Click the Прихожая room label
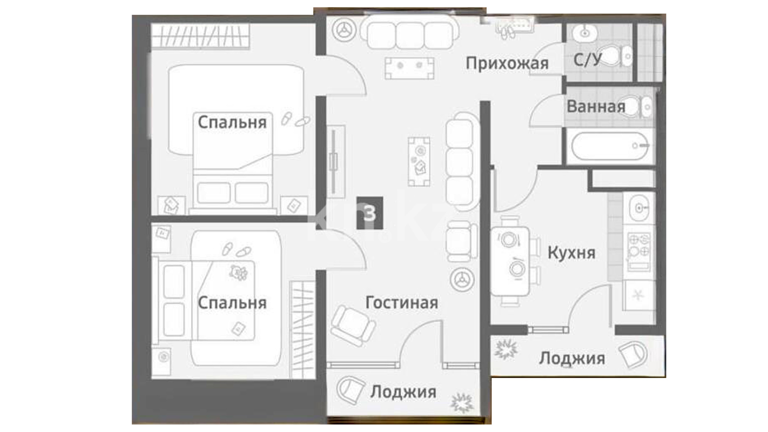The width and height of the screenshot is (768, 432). (x=507, y=64)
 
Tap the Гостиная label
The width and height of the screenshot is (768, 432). (x=402, y=303)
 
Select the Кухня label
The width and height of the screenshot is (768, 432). (x=571, y=253)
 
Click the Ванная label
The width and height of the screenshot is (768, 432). (x=596, y=107)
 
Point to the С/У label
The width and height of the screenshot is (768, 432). (x=588, y=60)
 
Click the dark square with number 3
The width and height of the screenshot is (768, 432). (x=370, y=213)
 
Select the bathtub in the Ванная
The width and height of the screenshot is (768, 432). (x=610, y=146)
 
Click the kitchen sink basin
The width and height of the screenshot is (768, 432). (x=639, y=208)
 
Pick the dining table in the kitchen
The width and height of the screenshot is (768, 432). (x=510, y=261)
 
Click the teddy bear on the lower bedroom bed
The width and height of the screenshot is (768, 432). (x=238, y=273)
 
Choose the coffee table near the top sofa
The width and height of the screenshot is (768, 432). (x=409, y=68)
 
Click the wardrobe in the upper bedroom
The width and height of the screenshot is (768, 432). (x=200, y=36)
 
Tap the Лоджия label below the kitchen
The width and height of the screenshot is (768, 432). (x=572, y=359)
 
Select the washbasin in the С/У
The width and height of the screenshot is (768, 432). (x=585, y=32)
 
